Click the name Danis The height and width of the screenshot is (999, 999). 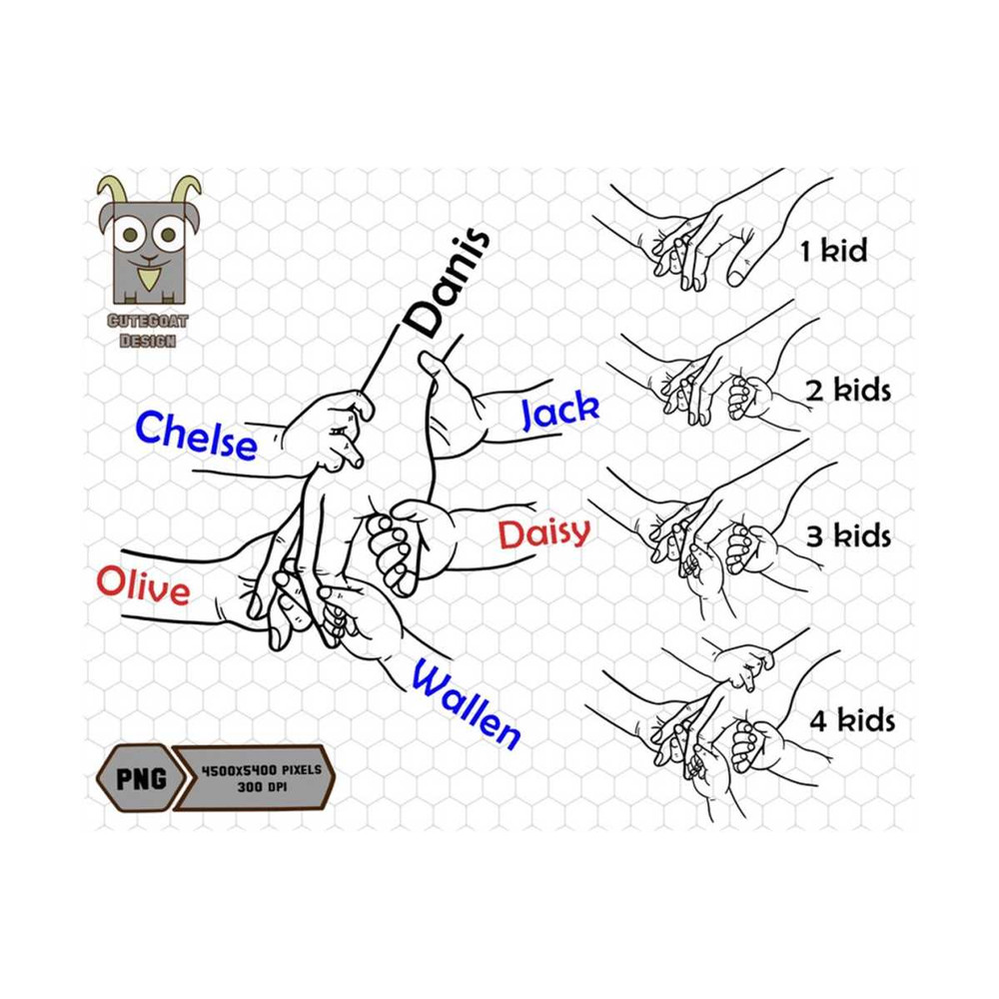[448, 283]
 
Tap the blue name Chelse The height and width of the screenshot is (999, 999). [196, 437]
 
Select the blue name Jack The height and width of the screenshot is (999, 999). [560, 411]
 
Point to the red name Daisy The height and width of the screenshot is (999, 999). [544, 533]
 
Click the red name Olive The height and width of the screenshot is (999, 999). [143, 586]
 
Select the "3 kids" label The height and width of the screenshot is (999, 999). [848, 535]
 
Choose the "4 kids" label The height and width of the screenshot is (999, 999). [851, 720]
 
